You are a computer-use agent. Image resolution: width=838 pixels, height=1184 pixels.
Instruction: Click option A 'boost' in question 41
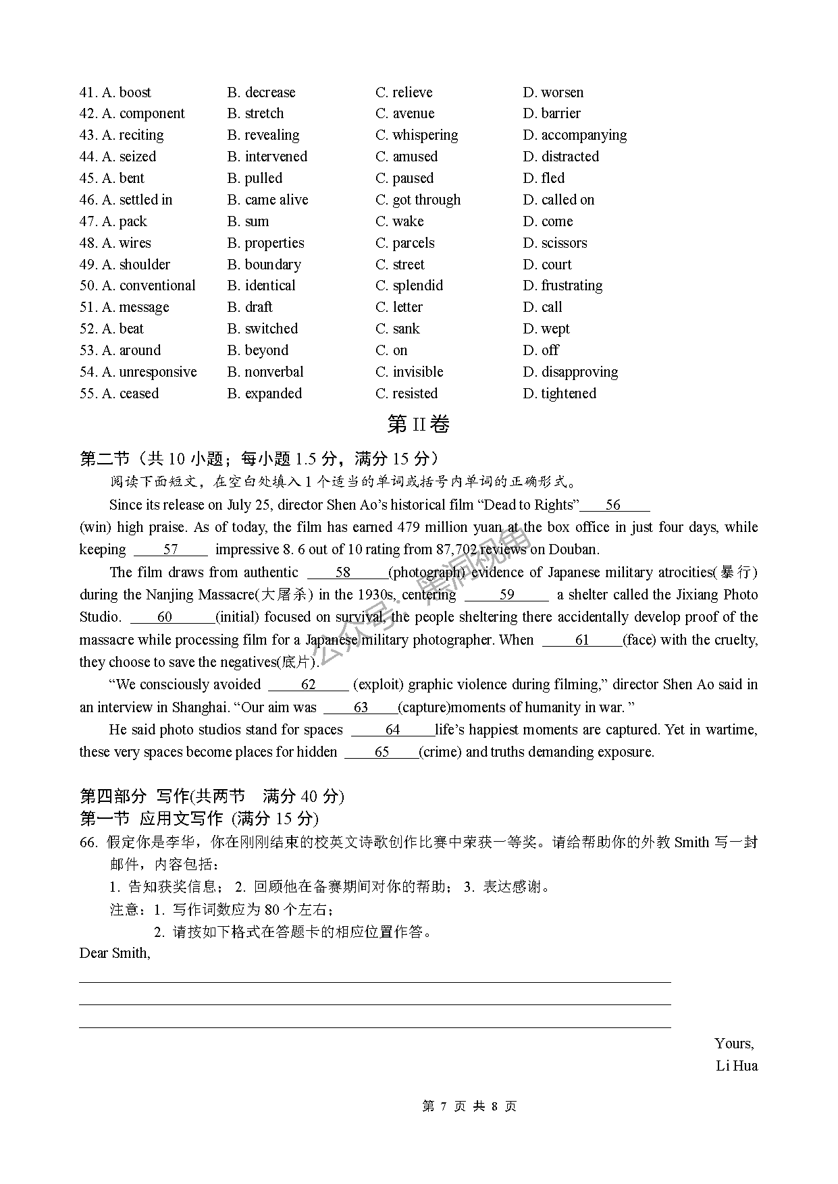coord(126,92)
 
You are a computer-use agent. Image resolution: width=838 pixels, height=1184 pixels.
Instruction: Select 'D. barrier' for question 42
coord(552,113)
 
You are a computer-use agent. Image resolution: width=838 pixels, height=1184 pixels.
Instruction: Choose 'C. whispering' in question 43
coord(417,135)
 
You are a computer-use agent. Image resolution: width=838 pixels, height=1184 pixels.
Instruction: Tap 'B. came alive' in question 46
coord(267,200)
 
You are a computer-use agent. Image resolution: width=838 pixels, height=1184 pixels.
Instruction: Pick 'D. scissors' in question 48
coord(555,243)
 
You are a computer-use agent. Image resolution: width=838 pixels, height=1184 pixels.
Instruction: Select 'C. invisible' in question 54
coord(409,372)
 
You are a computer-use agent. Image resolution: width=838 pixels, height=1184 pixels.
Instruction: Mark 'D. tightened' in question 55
coord(560,394)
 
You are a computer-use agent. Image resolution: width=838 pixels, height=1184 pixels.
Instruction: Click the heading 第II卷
coord(419,425)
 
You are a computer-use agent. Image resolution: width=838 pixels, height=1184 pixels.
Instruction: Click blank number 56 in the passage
coord(614,505)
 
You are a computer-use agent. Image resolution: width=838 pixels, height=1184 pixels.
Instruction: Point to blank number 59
coord(507,595)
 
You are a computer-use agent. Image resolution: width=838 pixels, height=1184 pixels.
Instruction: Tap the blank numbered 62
coord(309,684)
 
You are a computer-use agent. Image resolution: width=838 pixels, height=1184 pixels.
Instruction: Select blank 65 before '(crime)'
coord(382,752)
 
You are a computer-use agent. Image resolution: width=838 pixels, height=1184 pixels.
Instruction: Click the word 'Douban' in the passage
coord(575,549)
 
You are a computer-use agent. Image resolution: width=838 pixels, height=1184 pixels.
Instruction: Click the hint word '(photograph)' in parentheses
coord(427,572)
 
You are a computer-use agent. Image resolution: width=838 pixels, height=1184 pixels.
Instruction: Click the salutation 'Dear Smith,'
coord(115,953)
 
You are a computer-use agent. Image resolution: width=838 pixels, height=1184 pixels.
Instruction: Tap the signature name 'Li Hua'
coord(737,1066)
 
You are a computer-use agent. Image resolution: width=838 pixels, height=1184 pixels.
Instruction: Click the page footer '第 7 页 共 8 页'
coord(469,1106)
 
